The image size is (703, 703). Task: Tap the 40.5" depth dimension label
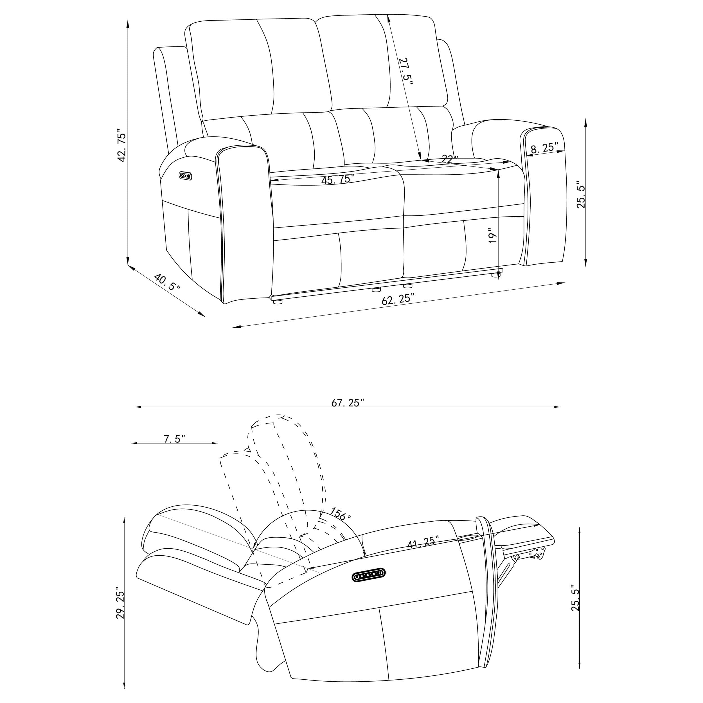tap(167, 282)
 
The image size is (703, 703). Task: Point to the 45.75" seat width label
tap(338, 179)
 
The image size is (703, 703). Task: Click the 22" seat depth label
tap(449, 159)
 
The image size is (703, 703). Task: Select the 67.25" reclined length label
tap(348, 402)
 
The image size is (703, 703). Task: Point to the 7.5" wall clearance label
tap(175, 439)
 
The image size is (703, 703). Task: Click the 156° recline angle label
tap(341, 513)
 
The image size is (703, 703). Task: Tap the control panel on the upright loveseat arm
tap(185, 176)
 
